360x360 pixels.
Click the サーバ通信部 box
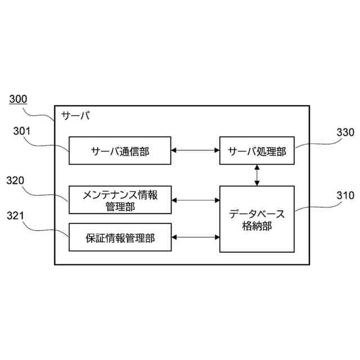click(x=120, y=150)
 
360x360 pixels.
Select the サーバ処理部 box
click(x=257, y=150)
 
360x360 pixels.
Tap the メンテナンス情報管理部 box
click(x=120, y=200)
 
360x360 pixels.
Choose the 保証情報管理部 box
click(x=120, y=237)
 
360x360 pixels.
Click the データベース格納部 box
click(x=257, y=219)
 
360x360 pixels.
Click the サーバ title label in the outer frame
click(x=75, y=116)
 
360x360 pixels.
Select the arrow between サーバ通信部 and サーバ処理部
click(x=196, y=150)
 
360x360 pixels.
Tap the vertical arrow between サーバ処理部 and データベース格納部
click(x=257, y=175)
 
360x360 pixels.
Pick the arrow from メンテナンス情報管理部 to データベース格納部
click(x=196, y=200)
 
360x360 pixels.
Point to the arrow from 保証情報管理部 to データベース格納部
click(x=196, y=237)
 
